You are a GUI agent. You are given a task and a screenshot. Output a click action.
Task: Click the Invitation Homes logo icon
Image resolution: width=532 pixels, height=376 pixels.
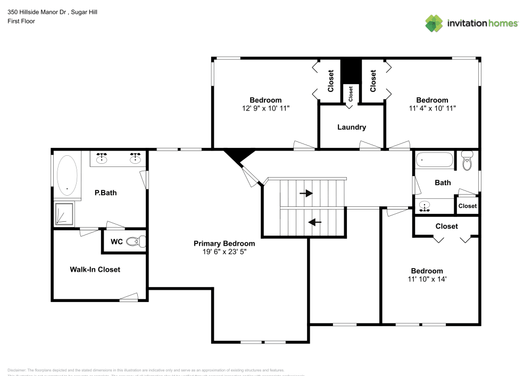click(435, 23)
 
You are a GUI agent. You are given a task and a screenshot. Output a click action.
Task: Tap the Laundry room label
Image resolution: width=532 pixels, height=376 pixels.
click(352, 127)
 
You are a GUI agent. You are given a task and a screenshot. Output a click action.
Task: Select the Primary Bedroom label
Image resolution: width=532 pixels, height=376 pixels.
click(220, 243)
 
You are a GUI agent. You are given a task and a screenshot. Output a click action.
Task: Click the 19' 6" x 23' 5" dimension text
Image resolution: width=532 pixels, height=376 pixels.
click(220, 252)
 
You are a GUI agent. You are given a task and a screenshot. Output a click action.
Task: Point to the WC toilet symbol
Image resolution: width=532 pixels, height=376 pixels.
click(136, 242)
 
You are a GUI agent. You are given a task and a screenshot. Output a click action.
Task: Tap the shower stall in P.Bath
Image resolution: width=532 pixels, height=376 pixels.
click(65, 213)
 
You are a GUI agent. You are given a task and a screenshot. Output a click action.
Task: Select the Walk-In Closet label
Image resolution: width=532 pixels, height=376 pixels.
click(95, 270)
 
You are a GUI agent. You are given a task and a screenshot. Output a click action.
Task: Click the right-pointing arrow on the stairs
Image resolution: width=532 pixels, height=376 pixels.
click(306, 194)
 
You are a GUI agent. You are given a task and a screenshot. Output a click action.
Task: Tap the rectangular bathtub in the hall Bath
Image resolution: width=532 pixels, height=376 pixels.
click(434, 160)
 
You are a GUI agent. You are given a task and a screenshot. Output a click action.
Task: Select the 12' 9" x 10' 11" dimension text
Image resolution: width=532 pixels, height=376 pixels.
click(265, 108)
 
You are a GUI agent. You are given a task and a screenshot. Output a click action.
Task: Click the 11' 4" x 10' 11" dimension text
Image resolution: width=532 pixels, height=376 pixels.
click(432, 108)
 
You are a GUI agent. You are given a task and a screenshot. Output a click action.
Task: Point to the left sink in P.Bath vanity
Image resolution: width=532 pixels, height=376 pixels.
click(102, 157)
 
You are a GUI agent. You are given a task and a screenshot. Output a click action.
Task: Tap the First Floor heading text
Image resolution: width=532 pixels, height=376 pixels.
click(21, 21)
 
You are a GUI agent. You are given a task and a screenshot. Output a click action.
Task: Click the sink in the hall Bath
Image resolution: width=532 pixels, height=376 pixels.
click(425, 206)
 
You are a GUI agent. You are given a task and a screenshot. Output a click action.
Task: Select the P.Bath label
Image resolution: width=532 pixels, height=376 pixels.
click(105, 193)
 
